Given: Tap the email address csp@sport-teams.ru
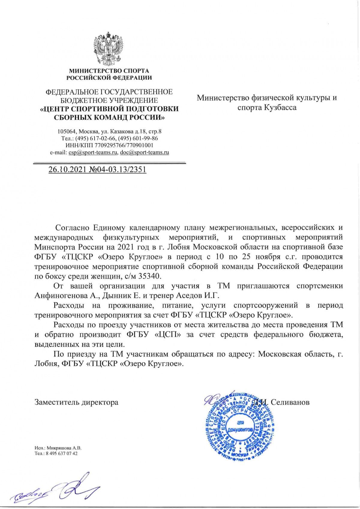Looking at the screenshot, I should click(x=93, y=152).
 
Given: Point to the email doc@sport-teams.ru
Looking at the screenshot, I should click(x=144, y=152).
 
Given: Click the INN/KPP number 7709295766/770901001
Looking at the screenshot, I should click(x=124, y=145).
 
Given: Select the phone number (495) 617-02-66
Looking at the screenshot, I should click(x=97, y=139).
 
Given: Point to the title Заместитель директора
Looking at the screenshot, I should click(x=76, y=402).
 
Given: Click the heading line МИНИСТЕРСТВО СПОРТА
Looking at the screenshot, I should click(x=109, y=71).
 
